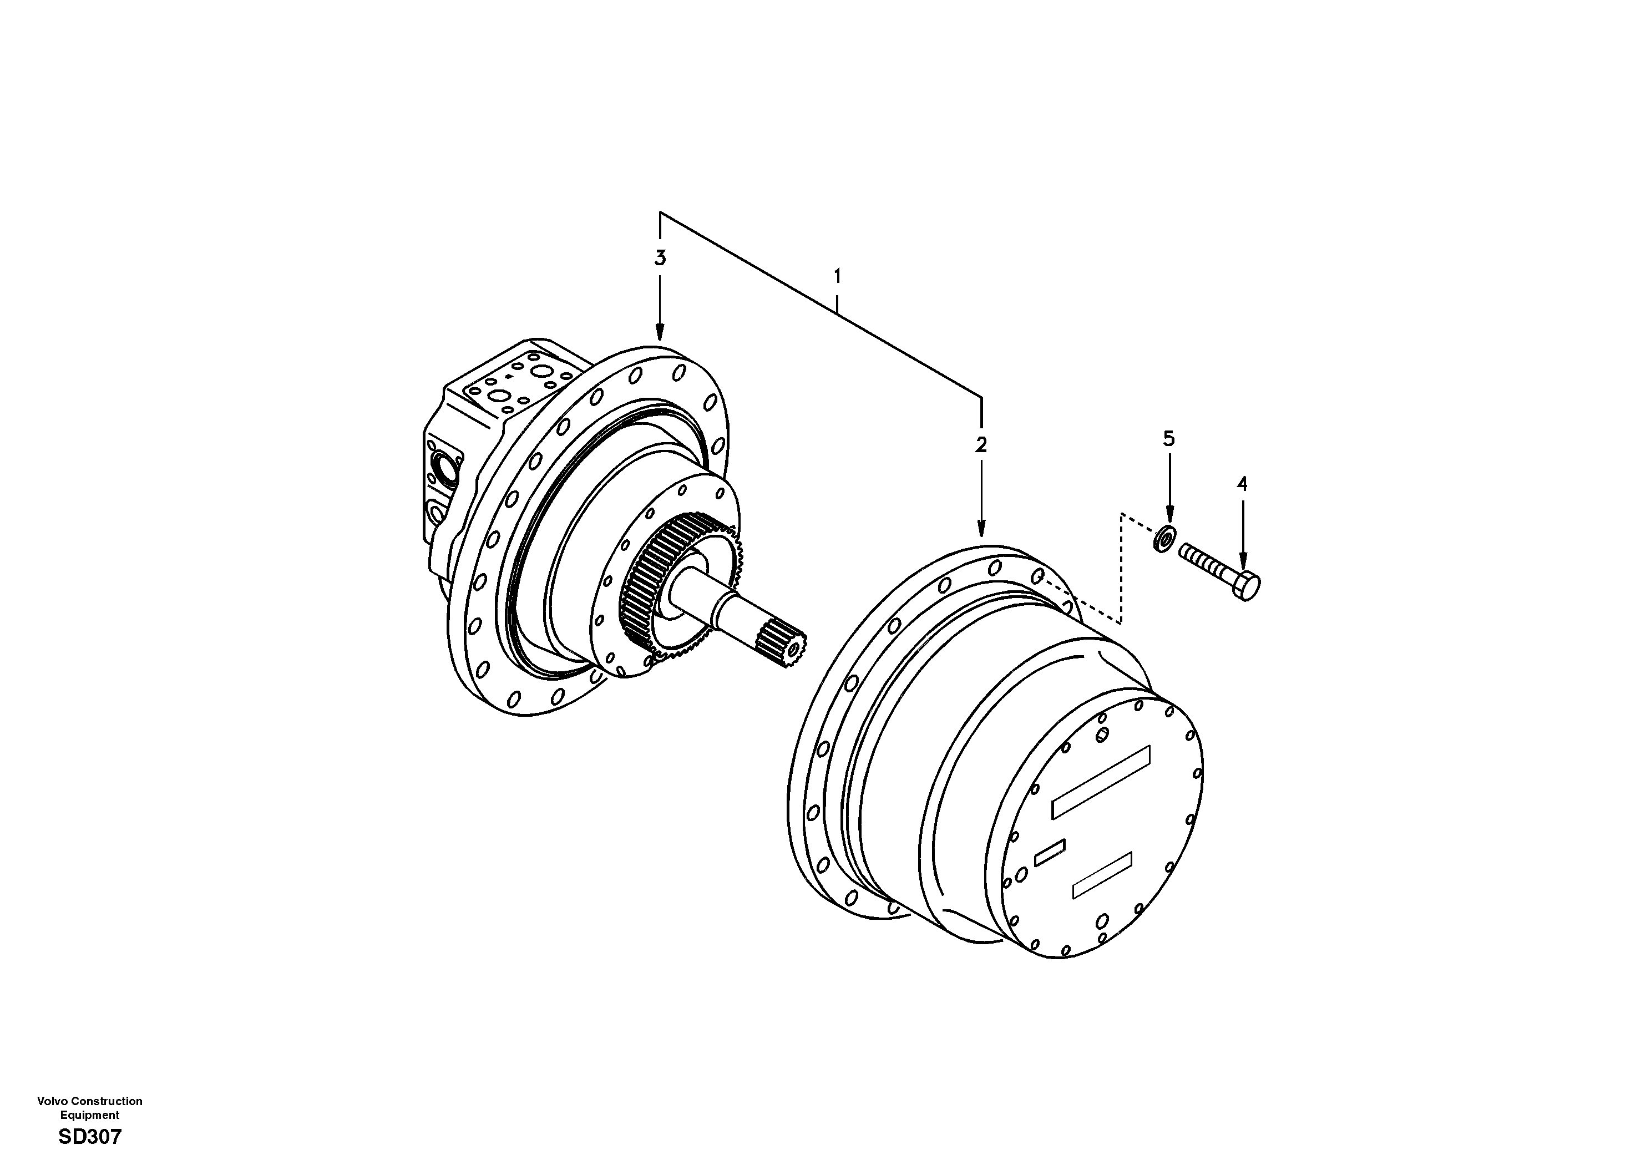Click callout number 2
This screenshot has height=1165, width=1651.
pos(981,445)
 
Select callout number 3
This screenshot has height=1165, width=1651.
pos(660,258)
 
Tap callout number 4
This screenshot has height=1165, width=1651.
pos(1242,484)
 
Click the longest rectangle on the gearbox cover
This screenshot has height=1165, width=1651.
pos(1101,782)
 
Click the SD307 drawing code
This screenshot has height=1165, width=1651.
pos(90,1137)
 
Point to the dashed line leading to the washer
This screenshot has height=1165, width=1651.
pos(1120,568)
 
